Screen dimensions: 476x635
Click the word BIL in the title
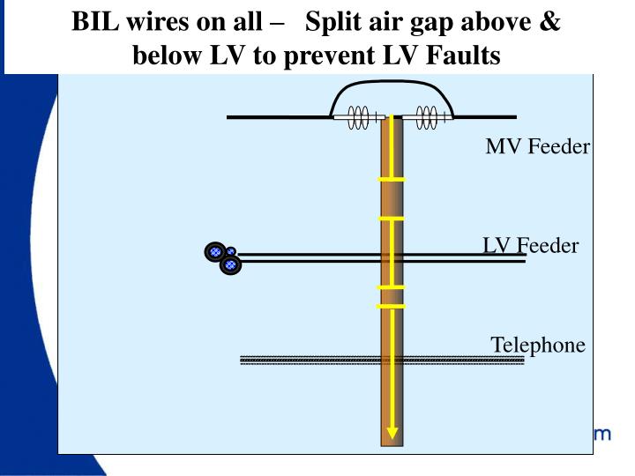pos(96,21)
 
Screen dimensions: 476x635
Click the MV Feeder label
pos(537,146)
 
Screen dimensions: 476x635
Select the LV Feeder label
pos(530,246)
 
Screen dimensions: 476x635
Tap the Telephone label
pos(537,345)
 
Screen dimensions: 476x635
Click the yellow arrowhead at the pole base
pos(392,433)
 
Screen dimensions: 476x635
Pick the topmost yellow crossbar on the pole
pos(392,180)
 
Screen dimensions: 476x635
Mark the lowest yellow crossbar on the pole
pos(392,307)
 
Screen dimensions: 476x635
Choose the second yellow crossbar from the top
pos(392,218)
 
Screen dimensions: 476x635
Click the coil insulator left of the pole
pos(358,117)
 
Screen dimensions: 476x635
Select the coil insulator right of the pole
pos(427,117)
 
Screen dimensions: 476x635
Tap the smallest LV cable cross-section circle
pos(230,251)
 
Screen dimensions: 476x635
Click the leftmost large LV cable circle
pos(214,252)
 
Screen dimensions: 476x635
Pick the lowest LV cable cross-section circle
pos(230,264)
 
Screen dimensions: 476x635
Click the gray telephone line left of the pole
pos(309,360)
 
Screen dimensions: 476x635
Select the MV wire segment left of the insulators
pos(278,116)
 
